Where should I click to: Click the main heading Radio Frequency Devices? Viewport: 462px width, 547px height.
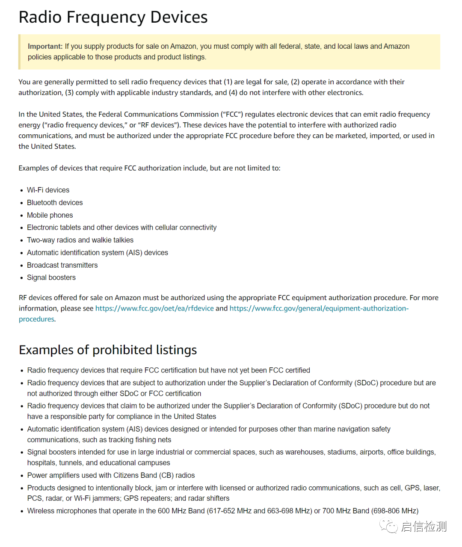click(113, 17)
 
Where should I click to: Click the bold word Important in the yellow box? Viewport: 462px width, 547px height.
click(45, 46)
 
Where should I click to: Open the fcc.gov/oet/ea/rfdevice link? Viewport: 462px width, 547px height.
click(154, 308)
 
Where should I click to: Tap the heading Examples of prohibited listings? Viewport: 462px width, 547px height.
click(108, 350)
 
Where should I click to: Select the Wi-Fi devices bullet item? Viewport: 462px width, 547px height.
click(48, 190)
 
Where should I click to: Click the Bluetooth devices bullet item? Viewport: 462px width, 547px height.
click(55, 202)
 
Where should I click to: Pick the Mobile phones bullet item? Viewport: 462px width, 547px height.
click(50, 215)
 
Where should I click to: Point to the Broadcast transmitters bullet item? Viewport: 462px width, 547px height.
click(62, 265)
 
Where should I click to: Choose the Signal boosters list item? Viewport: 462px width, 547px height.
click(51, 278)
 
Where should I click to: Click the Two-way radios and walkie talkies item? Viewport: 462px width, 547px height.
click(80, 240)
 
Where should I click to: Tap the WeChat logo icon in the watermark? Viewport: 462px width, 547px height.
click(388, 526)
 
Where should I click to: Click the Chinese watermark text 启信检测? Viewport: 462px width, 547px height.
click(423, 526)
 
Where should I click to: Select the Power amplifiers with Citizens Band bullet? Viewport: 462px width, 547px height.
click(111, 475)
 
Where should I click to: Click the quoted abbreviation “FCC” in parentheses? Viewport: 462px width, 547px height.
click(232, 114)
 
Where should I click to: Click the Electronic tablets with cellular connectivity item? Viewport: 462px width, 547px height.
click(121, 228)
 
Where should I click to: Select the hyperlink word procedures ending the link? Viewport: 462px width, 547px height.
click(36, 319)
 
